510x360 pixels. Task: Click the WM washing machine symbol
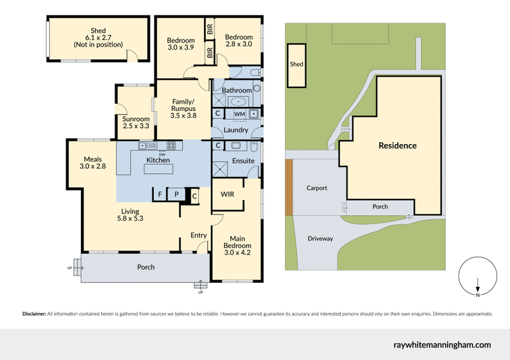pyautogui.click(x=239, y=113)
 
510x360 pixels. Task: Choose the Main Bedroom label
pyautogui.click(x=237, y=246)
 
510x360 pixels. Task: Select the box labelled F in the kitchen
pyautogui.click(x=159, y=194)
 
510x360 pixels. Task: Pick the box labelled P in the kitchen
pyautogui.click(x=175, y=194)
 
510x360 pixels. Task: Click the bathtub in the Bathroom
pyautogui.click(x=240, y=101)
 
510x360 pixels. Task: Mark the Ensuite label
pyautogui.click(x=243, y=161)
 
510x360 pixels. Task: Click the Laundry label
pyautogui.click(x=237, y=130)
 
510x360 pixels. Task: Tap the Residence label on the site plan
pyautogui.click(x=397, y=145)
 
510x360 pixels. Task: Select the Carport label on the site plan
pyautogui.click(x=316, y=188)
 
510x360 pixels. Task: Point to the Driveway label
pyautogui.click(x=320, y=238)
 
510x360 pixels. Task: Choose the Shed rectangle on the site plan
pyautogui.click(x=296, y=65)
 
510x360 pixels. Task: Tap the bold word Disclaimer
pyautogui.click(x=34, y=314)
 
